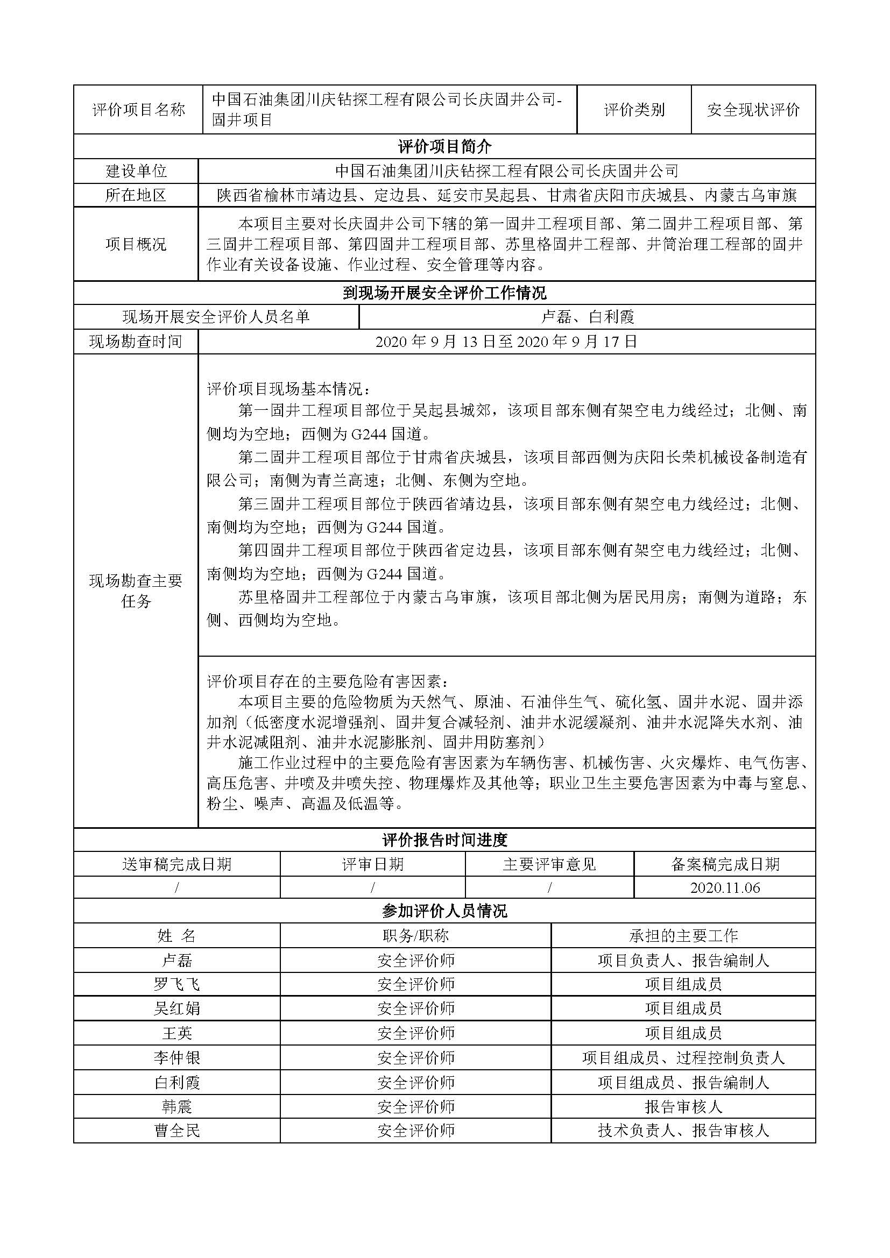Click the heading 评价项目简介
click(444, 146)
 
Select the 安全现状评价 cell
click(753, 110)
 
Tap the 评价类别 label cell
click(634, 110)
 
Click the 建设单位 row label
click(136, 171)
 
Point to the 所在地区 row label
click(136, 195)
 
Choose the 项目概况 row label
click(136, 244)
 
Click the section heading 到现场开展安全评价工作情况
click(444, 293)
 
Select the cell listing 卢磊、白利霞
click(588, 317)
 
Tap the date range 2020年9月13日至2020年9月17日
click(506, 342)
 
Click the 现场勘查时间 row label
click(136, 342)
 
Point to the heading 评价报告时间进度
click(444, 840)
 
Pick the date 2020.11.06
click(724, 887)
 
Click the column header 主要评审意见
click(549, 864)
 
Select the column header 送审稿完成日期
click(176, 864)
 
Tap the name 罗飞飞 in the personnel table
click(176, 984)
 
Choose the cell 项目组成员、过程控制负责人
click(683, 1057)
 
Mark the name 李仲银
click(176, 1057)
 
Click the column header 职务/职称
click(415, 935)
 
